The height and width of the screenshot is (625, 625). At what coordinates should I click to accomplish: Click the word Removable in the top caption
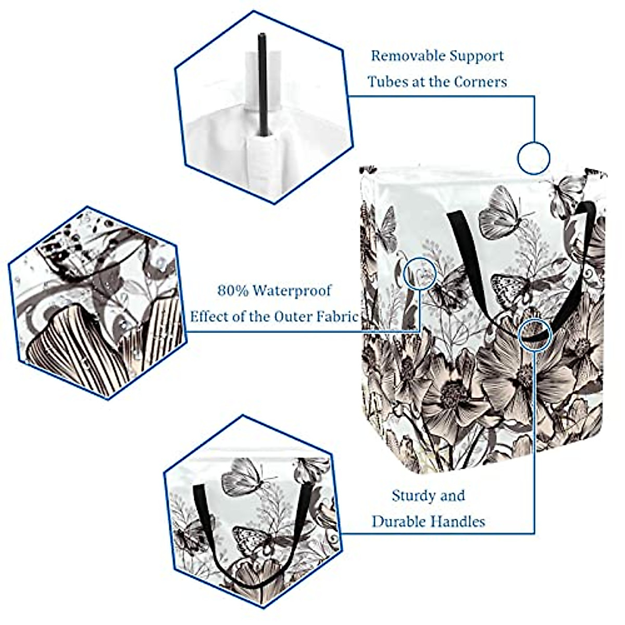(403, 55)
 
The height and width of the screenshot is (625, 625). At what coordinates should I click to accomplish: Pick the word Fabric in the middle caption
(340, 317)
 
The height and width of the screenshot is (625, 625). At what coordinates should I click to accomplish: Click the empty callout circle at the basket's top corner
(534, 158)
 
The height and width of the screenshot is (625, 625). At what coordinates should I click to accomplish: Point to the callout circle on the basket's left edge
(420, 273)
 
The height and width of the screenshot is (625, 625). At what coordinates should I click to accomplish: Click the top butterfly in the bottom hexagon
(244, 477)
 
